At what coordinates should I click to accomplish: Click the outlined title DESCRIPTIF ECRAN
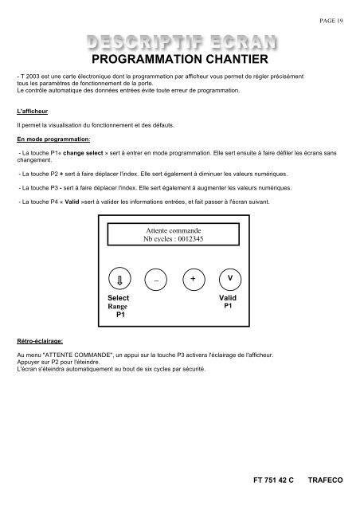pos(179,42)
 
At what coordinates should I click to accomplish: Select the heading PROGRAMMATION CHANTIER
pos(179,59)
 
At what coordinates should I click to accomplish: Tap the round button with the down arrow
pos(119,280)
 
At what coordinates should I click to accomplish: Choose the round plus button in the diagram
pos(193,280)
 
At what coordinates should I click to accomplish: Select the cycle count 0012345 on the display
pos(191,238)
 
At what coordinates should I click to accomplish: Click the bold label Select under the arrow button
pos(118,298)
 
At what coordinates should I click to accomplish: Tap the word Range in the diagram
pos(118,306)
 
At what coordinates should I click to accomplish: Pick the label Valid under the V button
pos(229,296)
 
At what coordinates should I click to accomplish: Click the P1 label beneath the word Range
pos(118,316)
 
